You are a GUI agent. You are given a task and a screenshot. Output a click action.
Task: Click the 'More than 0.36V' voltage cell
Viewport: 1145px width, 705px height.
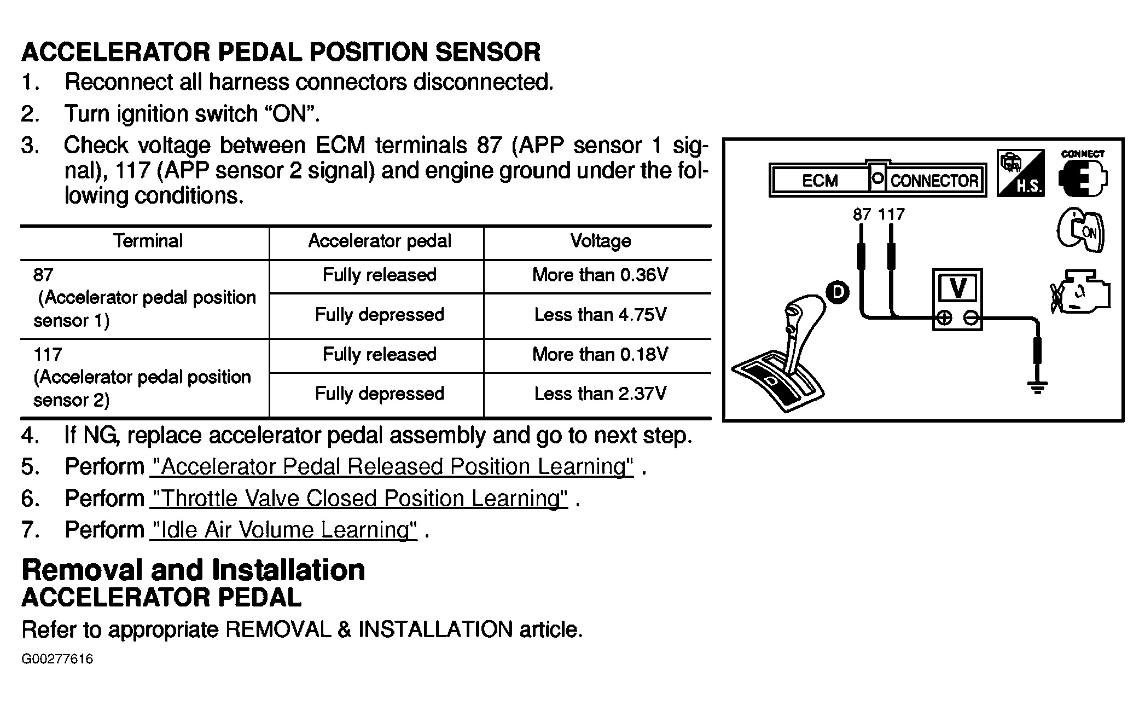click(600, 275)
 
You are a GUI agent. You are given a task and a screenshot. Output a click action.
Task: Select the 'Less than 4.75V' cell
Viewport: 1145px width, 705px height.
click(600, 315)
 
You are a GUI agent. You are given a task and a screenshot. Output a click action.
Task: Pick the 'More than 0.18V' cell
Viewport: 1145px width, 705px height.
click(600, 355)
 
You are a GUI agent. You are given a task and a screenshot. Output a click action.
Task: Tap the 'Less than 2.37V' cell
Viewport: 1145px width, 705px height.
click(600, 394)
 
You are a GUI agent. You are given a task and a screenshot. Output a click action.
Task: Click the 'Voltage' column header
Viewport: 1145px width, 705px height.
click(600, 241)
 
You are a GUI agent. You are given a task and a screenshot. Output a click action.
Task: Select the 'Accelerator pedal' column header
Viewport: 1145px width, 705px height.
click(379, 241)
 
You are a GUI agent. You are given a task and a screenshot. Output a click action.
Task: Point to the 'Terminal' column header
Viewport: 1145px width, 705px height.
click(148, 241)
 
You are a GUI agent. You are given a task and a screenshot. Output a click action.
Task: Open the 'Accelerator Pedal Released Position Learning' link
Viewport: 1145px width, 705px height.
click(392, 467)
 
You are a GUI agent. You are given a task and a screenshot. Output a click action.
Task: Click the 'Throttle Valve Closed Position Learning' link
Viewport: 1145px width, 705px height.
click(359, 499)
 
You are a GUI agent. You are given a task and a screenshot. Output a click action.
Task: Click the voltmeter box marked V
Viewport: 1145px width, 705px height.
click(957, 299)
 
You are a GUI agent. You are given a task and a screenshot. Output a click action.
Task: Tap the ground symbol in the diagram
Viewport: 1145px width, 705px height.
click(1037, 388)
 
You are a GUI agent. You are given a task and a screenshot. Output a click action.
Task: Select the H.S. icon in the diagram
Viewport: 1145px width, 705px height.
click(1020, 173)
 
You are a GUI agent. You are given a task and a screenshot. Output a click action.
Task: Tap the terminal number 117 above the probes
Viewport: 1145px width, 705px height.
click(891, 215)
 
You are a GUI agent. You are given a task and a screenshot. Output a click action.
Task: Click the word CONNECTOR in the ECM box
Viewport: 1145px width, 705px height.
click(934, 181)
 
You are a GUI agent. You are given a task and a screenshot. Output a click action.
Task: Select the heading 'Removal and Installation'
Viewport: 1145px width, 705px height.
click(193, 570)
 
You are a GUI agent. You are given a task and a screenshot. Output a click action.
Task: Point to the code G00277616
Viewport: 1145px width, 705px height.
click(57, 659)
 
